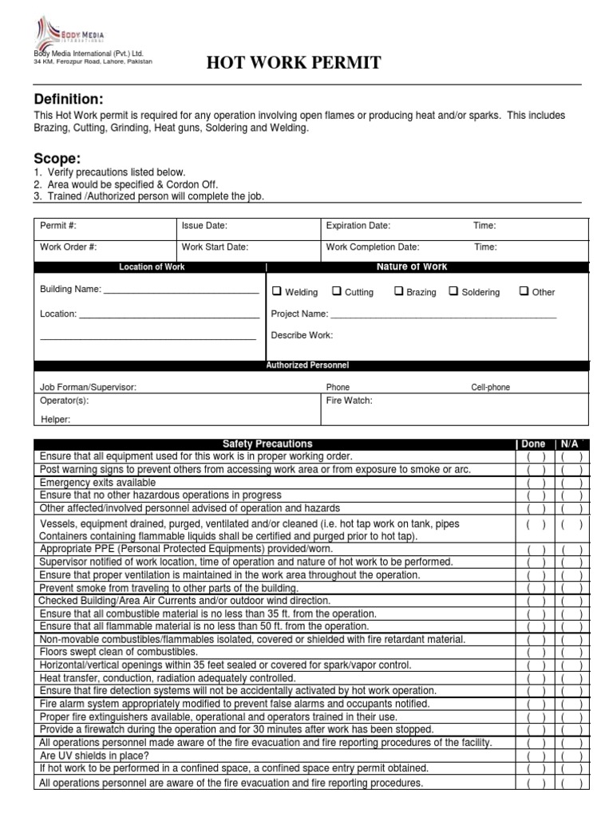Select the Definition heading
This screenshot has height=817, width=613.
[x=69, y=99]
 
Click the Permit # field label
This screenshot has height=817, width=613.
[x=58, y=226]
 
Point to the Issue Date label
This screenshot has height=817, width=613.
[x=204, y=226]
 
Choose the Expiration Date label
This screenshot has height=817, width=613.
[x=358, y=226]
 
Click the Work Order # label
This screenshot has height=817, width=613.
[x=69, y=247]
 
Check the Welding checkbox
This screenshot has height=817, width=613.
[x=277, y=291]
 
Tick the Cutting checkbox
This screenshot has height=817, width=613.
[x=336, y=291]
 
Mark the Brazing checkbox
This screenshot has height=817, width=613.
[x=398, y=291]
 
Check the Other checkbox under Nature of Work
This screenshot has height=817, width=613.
[x=524, y=291]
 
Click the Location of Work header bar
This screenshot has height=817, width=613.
[x=152, y=267]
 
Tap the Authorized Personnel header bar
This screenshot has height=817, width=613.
[x=307, y=365]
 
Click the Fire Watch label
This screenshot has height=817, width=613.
[x=349, y=401]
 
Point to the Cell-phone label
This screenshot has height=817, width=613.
[x=490, y=387]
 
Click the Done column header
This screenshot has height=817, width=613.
[x=533, y=444]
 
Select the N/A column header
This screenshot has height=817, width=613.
[x=570, y=444]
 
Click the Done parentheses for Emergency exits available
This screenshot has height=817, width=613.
[x=534, y=483]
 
